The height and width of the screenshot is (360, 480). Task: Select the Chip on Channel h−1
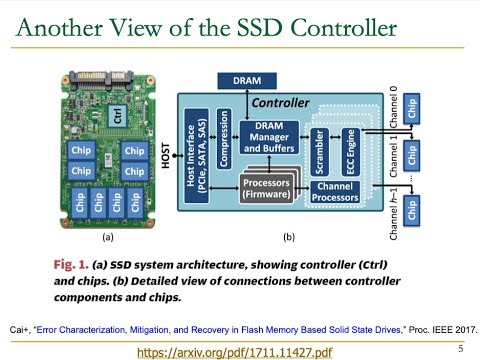(x=413, y=211)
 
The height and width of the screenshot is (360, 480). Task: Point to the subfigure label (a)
(x=108, y=239)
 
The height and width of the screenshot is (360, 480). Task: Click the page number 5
(x=460, y=348)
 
